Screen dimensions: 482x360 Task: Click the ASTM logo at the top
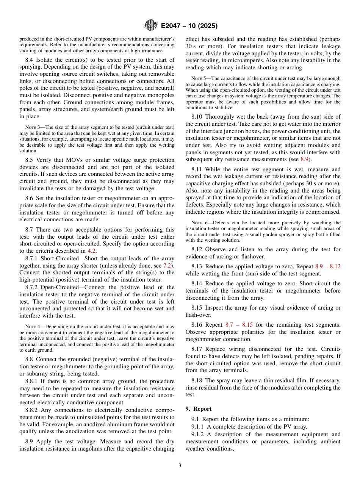pyautogui.click(x=150, y=26)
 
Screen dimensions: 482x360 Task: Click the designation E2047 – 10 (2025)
pyautogui.click(x=189, y=26)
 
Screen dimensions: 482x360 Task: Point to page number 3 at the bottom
pyautogui.click(x=180, y=465)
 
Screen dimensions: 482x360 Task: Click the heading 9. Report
pyautogui.click(x=199, y=409)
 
